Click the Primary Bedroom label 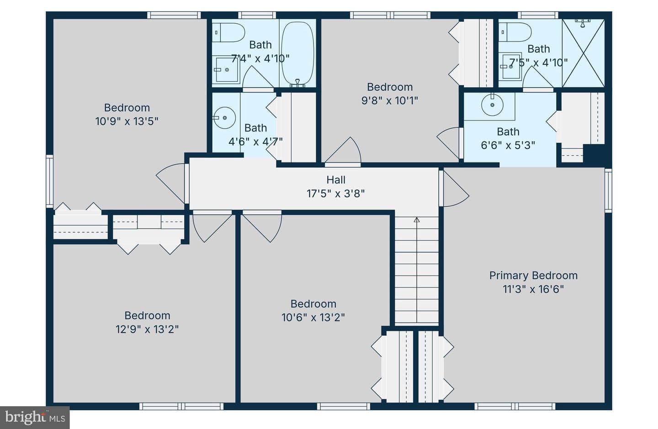click(533, 276)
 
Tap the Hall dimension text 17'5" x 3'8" click(336, 194)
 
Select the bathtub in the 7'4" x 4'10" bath click(297, 55)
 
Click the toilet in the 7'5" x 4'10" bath click(515, 32)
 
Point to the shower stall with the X click(584, 53)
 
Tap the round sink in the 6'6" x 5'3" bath click(492, 105)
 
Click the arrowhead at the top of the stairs click(417, 220)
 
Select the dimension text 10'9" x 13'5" click(127, 121)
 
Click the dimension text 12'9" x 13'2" click(147, 329)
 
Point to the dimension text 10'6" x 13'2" click(313, 318)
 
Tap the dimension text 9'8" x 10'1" click(389, 101)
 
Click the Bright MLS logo click(35, 418)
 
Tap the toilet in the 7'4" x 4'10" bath click(228, 32)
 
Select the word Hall click(336, 180)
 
